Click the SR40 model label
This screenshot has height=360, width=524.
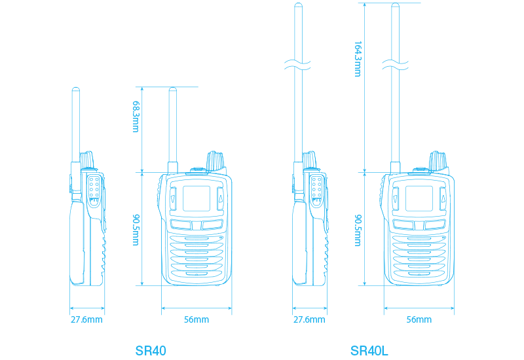pos(151,351)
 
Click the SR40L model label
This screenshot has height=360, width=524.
pos(369,351)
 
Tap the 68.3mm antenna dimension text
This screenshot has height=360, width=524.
pos(136,116)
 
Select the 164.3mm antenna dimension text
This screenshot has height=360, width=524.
pos(358,59)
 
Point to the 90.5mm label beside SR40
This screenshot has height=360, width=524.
pos(136,228)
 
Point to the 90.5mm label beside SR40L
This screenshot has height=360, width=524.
pos(358,228)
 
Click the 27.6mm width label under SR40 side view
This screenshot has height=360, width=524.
pos(86,320)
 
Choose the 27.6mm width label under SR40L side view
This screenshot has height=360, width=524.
pos(309,320)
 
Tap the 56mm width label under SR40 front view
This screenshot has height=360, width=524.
pos(196,320)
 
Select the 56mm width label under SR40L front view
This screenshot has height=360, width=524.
pos(419,320)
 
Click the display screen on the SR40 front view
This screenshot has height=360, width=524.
pos(196,198)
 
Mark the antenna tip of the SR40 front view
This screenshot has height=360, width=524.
pos(173,90)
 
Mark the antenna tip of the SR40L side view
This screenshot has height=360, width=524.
pos(298,7)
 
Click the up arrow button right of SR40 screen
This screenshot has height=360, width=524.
pos(221,198)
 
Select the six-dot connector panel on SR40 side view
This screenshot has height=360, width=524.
pos(94,189)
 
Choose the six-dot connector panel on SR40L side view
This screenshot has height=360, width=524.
pos(317,189)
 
